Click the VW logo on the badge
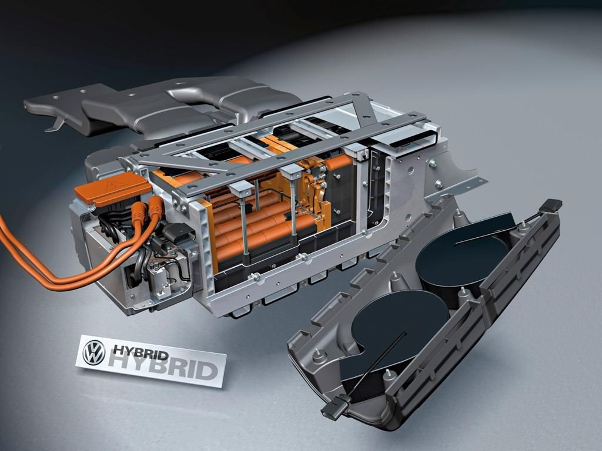[94, 352]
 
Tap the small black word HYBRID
[141, 352]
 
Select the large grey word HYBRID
[163, 366]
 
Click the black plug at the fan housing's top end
[550, 205]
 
